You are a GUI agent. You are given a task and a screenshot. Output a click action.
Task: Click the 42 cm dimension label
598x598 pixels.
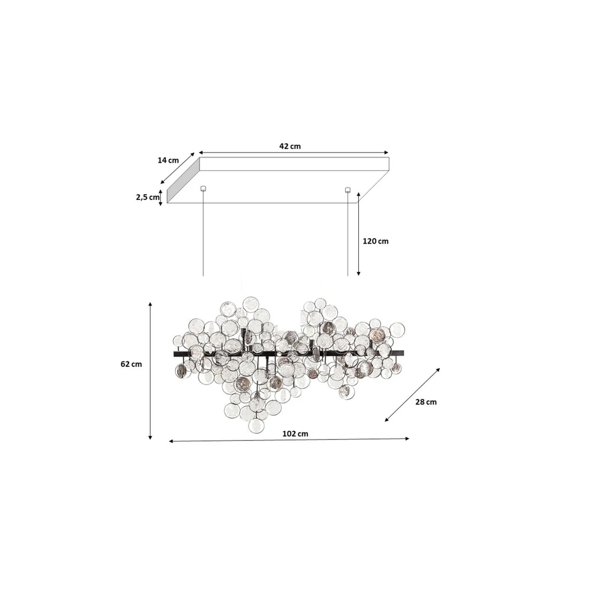(290, 146)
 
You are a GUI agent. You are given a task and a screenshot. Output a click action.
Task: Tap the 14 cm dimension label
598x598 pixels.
(168, 160)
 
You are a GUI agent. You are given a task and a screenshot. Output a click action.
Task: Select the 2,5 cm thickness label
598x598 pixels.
(148, 197)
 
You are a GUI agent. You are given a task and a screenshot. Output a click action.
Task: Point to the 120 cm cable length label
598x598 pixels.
(376, 241)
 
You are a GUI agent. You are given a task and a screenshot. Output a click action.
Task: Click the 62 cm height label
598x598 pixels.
(131, 364)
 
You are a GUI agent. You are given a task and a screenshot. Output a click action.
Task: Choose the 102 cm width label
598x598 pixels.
(295, 434)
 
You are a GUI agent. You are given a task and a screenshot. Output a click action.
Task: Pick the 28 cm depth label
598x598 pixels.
(426, 402)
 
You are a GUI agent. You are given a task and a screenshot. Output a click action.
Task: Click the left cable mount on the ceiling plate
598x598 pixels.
(203, 188)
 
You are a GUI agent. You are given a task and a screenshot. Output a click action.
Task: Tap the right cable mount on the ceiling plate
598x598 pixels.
(347, 189)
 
